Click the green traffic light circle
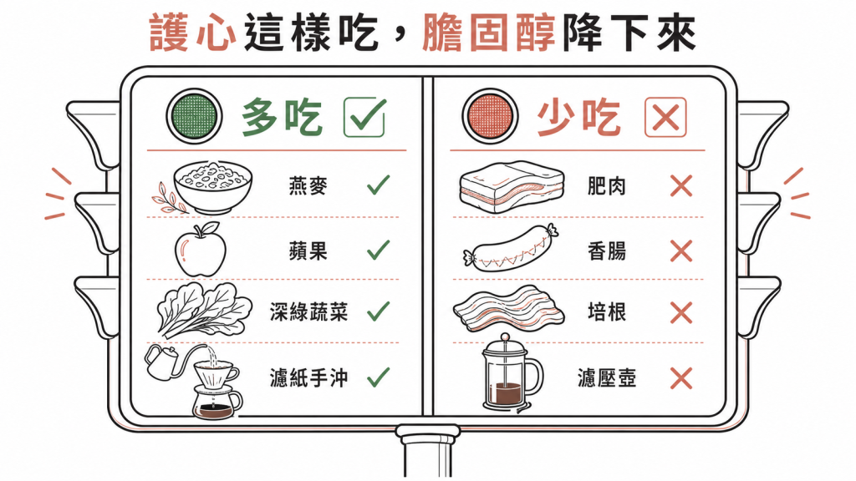click(194, 116)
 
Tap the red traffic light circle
click(490, 116)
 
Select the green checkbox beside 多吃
click(364, 117)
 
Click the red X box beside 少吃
click(665, 117)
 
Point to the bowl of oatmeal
click(213, 186)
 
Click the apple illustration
click(200, 249)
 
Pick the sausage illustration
click(512, 249)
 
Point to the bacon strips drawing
click(509, 309)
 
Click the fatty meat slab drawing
click(512, 186)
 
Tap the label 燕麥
click(308, 186)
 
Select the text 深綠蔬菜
click(308, 312)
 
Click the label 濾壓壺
click(607, 377)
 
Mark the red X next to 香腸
click(680, 251)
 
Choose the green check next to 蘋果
click(379, 251)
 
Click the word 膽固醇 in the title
click(488, 33)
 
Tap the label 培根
click(607, 312)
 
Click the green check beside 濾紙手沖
click(379, 377)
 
